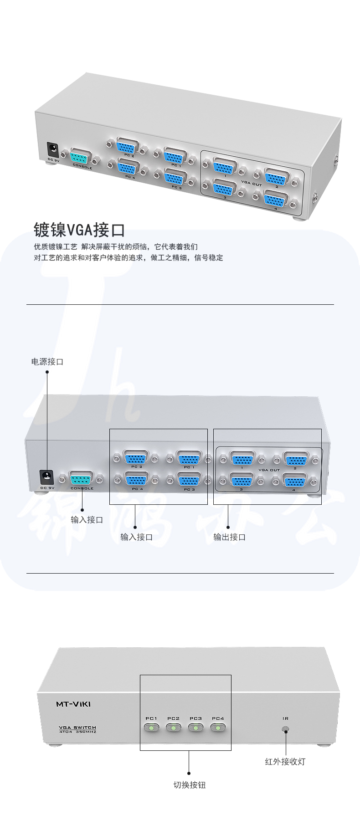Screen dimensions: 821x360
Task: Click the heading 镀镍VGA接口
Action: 79,230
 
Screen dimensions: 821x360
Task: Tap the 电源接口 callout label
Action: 47,362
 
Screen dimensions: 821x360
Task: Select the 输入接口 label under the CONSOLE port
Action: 87,520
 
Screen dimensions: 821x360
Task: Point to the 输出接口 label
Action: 230,537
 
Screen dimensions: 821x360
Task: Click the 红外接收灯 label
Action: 285,761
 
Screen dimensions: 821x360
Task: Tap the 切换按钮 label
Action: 189,785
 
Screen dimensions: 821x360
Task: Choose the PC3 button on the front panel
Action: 195,728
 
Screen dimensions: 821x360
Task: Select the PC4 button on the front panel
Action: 218,728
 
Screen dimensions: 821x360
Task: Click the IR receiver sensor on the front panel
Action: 286,729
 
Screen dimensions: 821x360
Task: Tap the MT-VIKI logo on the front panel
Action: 73,704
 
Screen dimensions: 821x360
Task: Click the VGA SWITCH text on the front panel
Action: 77,728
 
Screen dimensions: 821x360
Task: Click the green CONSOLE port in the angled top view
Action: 82,158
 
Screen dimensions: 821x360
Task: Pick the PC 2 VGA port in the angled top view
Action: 127,147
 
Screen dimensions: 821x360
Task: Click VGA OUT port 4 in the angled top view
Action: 276,201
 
